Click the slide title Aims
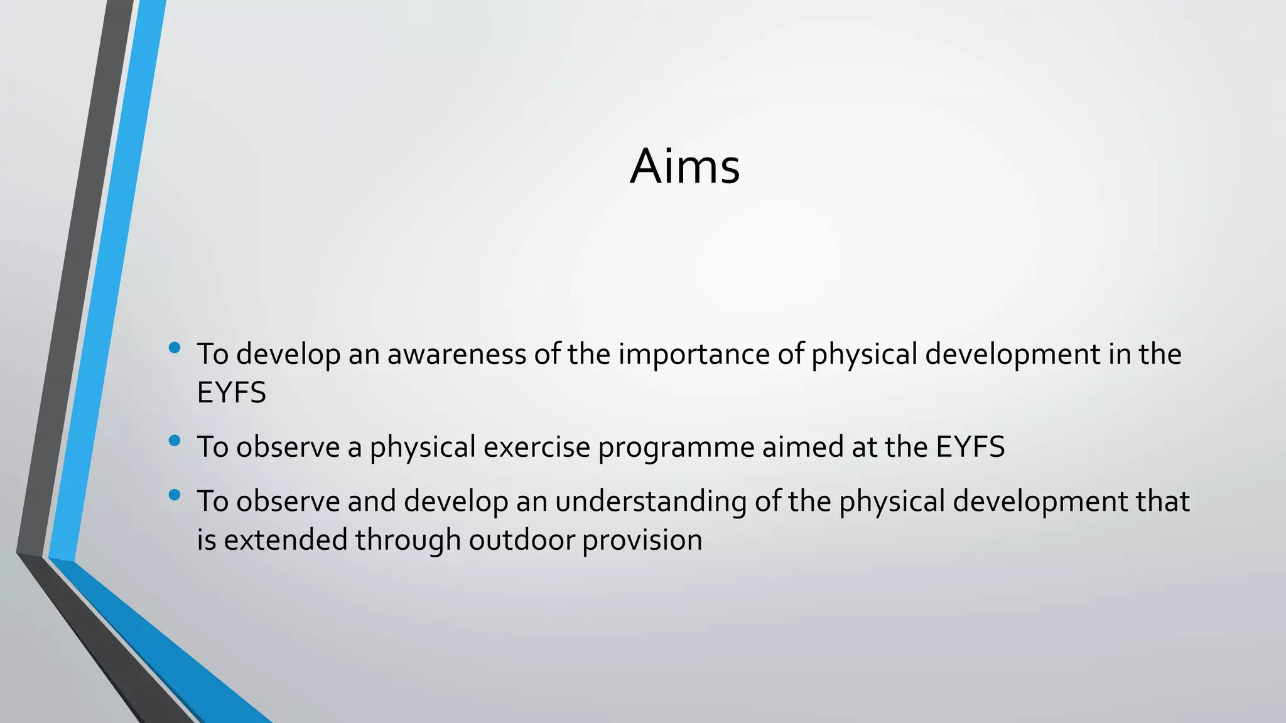(684, 166)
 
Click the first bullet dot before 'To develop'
(175, 348)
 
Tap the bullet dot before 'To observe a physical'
(175, 441)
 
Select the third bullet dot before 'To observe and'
(175, 495)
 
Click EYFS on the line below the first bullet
(231, 393)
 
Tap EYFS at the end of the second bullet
(970, 447)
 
